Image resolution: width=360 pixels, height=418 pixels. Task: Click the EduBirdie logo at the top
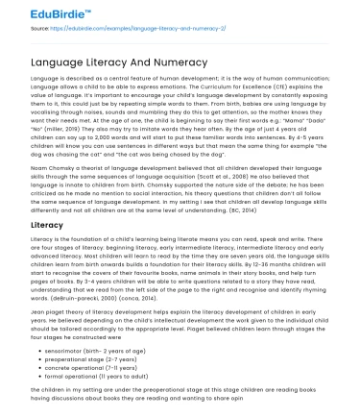click(x=45, y=12)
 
